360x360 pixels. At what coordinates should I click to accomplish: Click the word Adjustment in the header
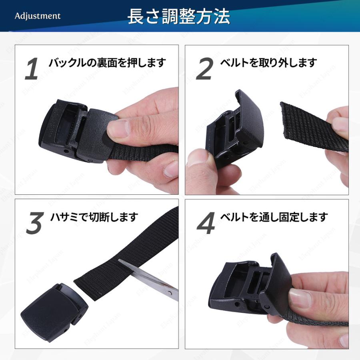click(38, 16)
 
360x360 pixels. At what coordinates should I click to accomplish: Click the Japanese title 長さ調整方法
click(179, 16)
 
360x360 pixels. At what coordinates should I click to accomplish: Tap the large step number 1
click(32, 69)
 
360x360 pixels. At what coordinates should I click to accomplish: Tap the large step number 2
click(204, 69)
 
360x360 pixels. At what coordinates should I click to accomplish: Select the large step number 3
click(35, 223)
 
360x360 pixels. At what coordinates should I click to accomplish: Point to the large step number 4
click(206, 223)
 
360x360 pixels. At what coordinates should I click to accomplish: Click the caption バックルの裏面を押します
click(107, 63)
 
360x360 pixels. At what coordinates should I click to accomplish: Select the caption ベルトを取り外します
click(268, 63)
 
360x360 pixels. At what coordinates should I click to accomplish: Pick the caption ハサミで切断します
click(94, 217)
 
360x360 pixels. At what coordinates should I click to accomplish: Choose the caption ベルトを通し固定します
click(274, 217)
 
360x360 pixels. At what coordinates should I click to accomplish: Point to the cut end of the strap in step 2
click(284, 122)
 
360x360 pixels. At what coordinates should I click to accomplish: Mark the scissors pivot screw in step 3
click(170, 293)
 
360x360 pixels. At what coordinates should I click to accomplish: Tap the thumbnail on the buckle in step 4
click(300, 298)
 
